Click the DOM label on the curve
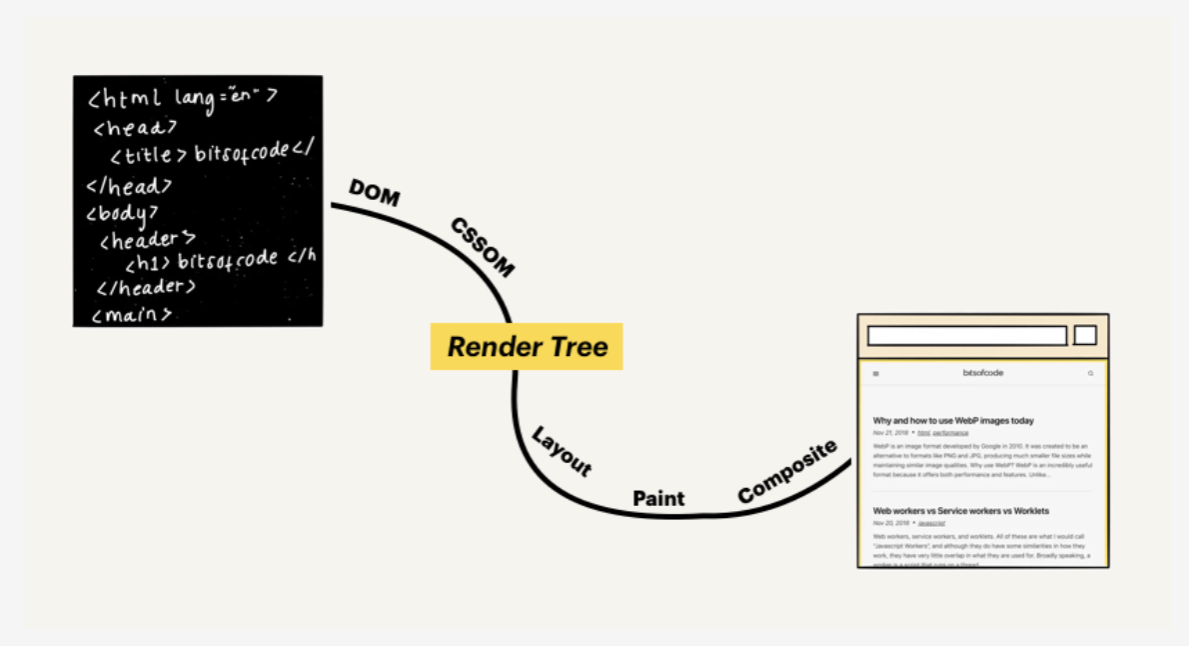[375, 193]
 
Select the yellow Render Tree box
[527, 347]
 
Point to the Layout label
[562, 452]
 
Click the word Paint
[658, 498]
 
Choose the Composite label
[787, 472]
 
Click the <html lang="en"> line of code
[182, 98]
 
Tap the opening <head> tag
[136, 127]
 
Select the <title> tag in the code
[148, 156]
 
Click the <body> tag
[123, 213]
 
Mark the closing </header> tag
[146, 288]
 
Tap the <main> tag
[132, 314]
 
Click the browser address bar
[966, 336]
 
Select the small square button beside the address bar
[1085, 335]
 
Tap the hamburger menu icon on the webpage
[876, 374]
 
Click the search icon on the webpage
[1090, 374]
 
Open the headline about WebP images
[953, 421]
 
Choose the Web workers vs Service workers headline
[960, 511]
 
